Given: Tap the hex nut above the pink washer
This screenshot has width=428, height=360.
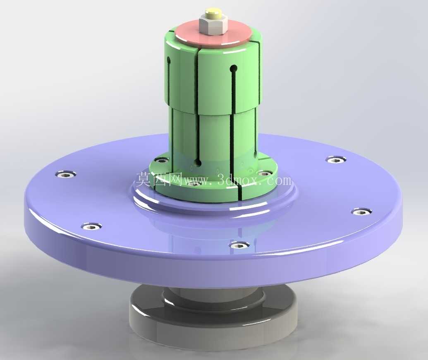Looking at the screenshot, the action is coord(213,25).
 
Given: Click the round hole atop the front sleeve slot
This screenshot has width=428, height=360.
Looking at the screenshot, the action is coord(233,68).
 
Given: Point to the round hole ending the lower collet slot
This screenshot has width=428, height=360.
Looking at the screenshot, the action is coord(198,163).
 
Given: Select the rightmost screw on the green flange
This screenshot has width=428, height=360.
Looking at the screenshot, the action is coord(265,173).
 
